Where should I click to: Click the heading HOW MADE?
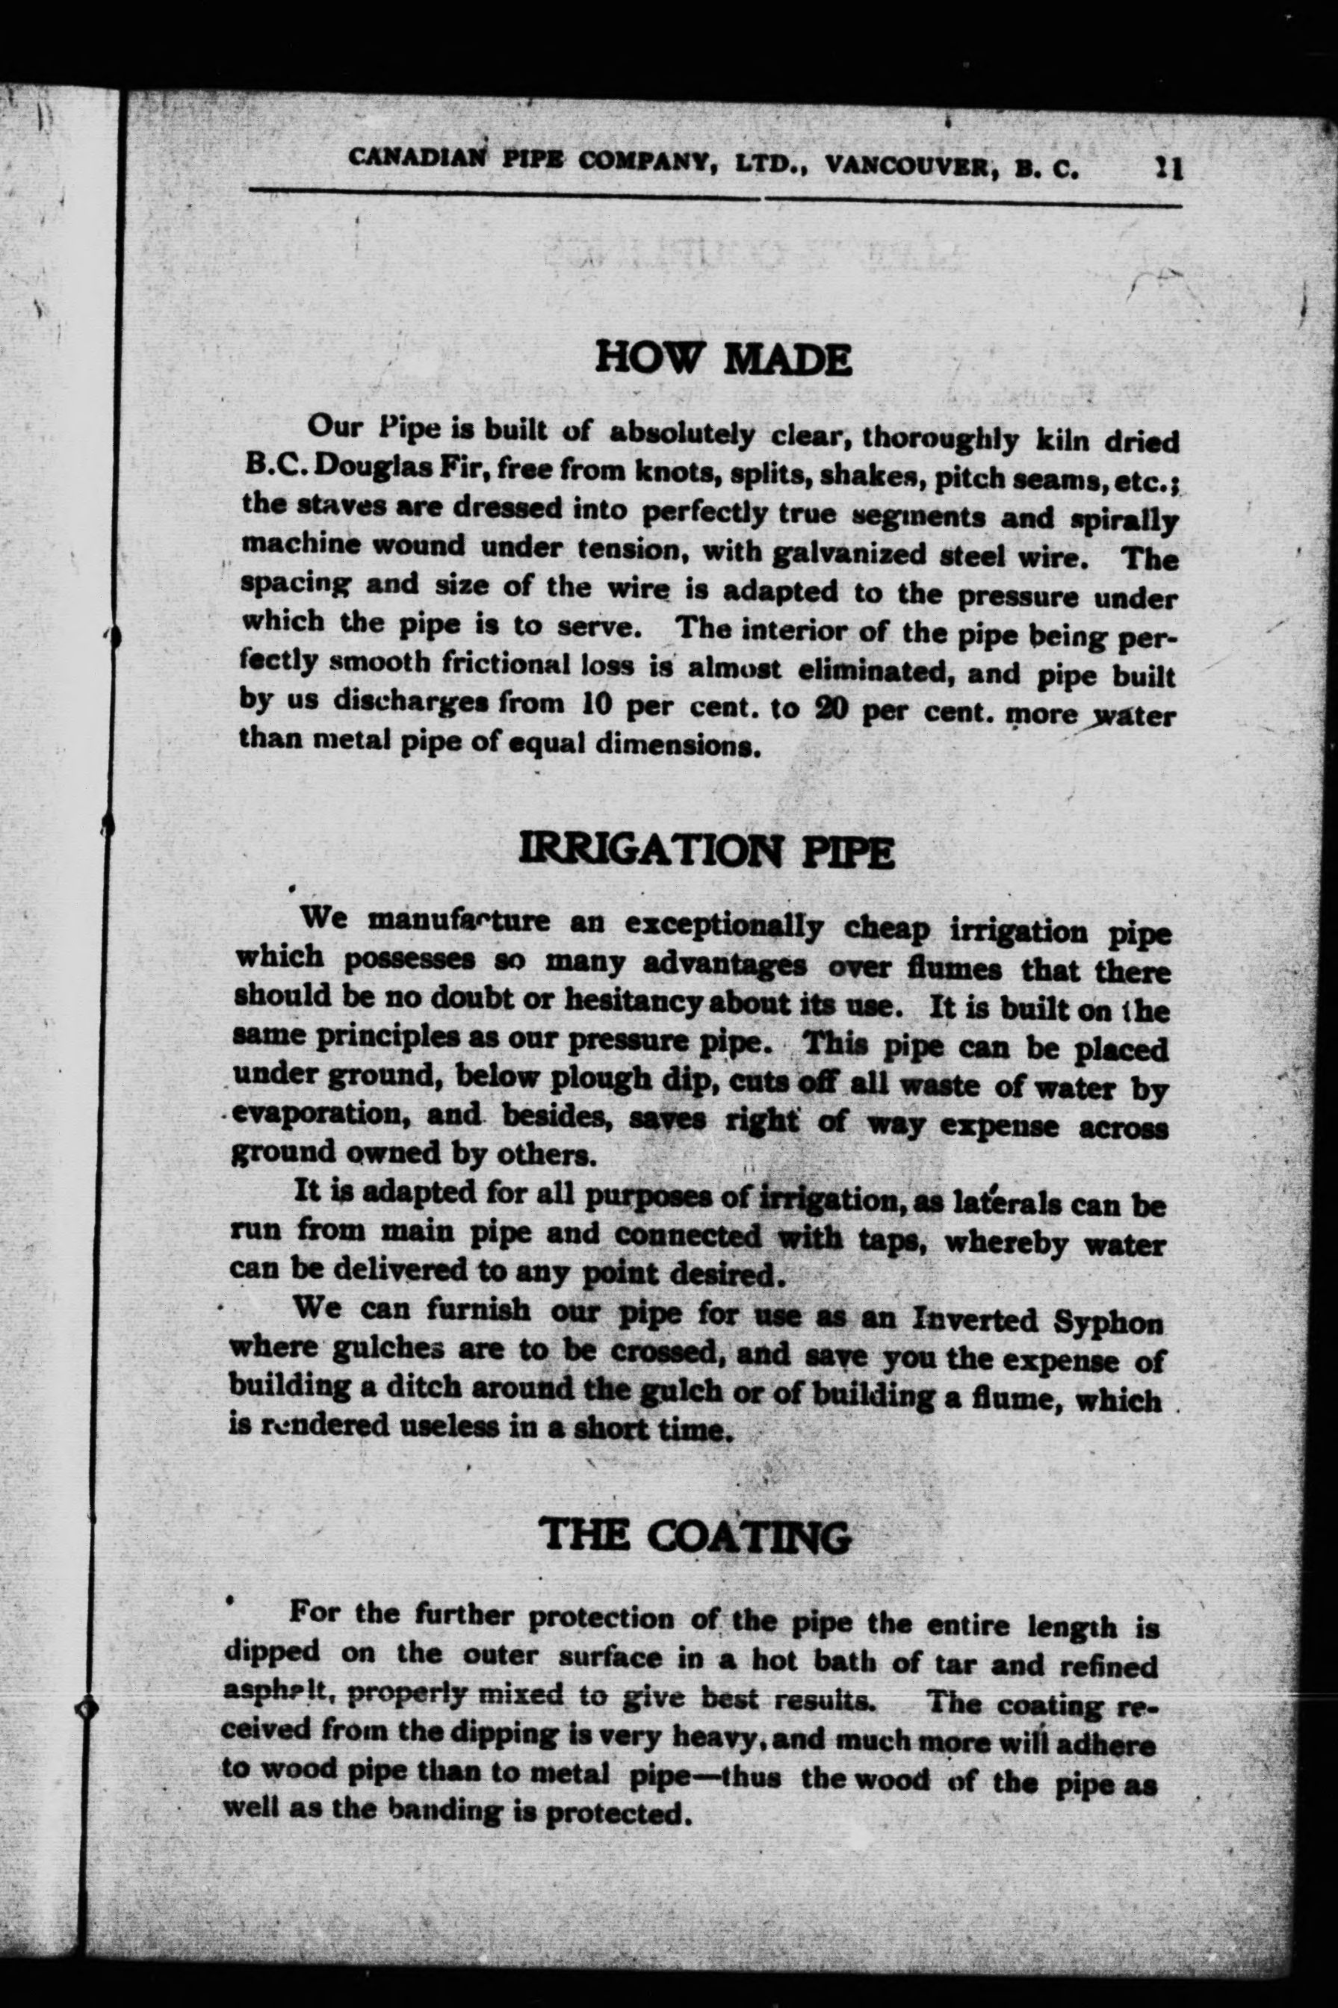(x=722, y=359)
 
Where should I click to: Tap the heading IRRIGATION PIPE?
(x=707, y=852)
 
